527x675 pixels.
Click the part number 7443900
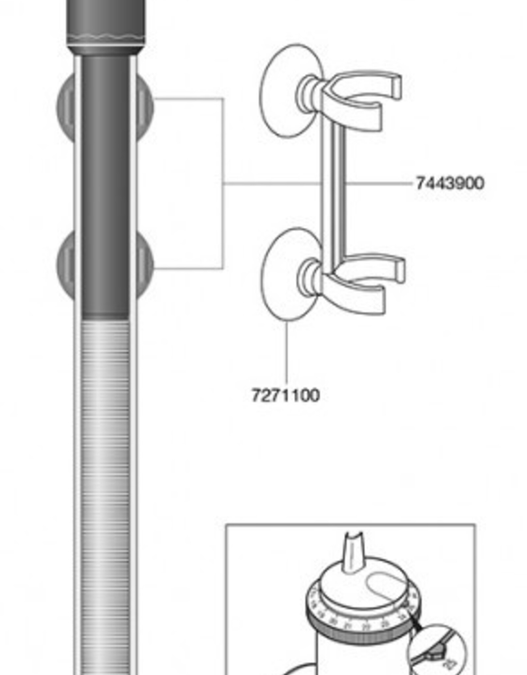pos(450,183)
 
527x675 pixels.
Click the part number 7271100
pos(286,395)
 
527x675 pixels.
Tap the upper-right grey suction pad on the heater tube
pos(145,107)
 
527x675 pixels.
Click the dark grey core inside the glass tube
pos(105,185)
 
